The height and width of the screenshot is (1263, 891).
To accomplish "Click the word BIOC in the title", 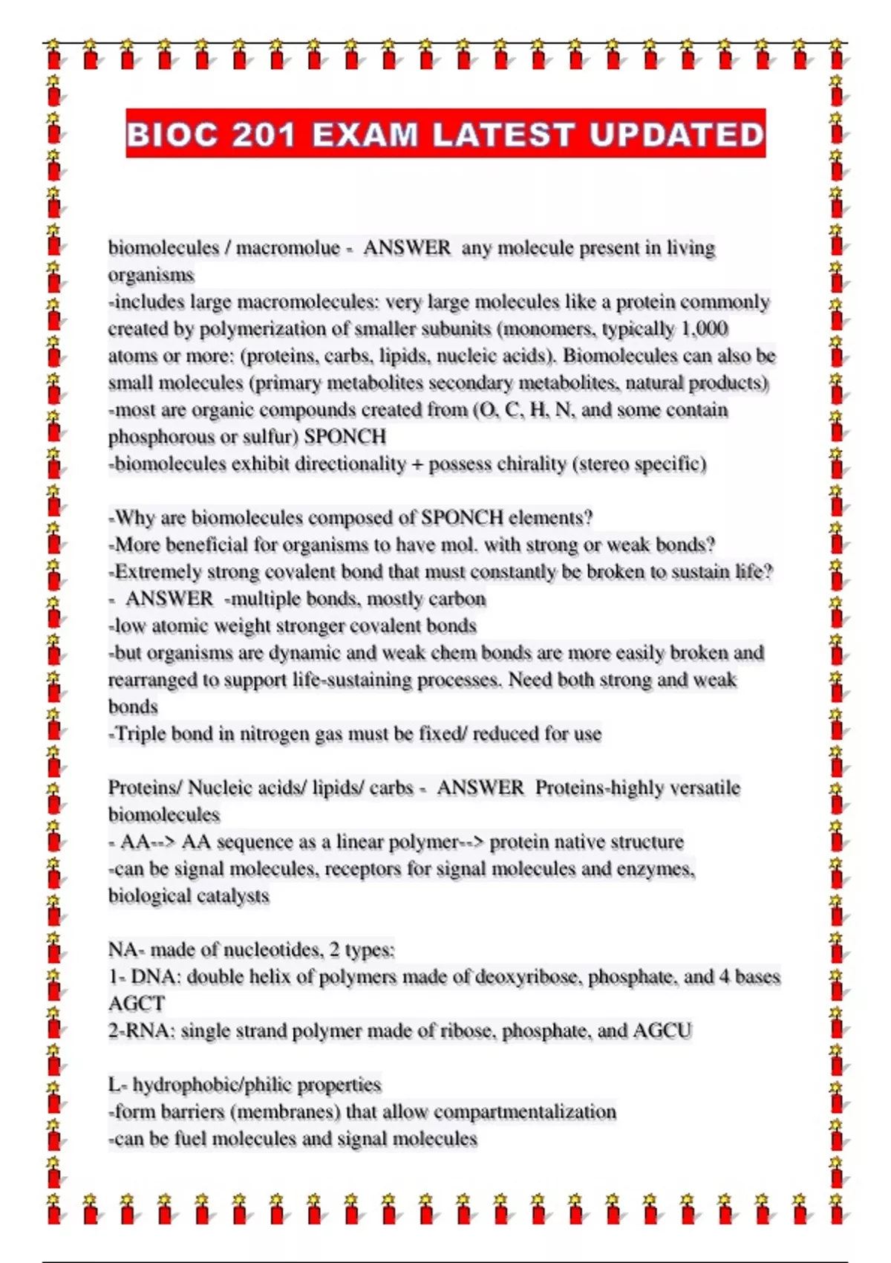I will click(172, 135).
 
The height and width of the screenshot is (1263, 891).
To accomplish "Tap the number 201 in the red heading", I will click(264, 135).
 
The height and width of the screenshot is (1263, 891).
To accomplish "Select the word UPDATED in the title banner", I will click(676, 135).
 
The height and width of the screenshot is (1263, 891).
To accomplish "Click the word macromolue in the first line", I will click(288, 247).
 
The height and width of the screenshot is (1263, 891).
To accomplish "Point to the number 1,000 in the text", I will click(705, 328).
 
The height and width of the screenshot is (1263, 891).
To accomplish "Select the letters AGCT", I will click(137, 1004).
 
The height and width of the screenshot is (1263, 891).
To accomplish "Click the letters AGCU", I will click(662, 1031).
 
